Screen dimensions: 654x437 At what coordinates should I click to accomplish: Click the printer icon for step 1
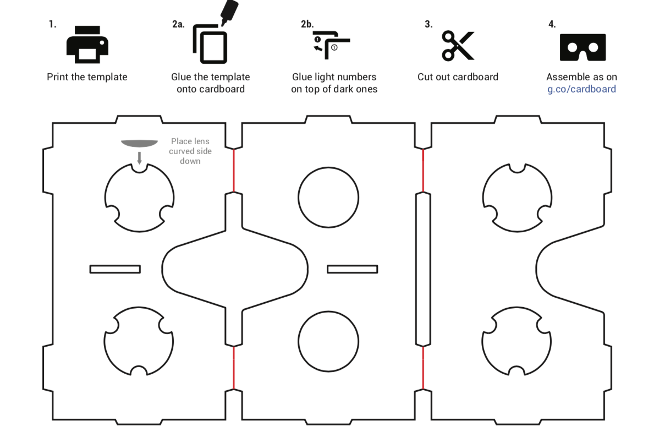coord(87,45)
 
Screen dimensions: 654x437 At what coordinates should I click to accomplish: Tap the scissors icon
coord(458,46)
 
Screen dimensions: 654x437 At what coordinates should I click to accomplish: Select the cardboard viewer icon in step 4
coord(582,47)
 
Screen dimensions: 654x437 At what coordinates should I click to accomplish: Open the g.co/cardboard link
coord(581,89)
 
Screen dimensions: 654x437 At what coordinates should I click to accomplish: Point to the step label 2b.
coord(307,24)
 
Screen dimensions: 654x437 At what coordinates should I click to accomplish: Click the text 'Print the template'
coord(87,77)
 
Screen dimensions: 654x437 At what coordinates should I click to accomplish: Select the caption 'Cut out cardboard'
coord(458,77)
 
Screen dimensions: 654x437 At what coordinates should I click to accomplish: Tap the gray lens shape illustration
coord(139,144)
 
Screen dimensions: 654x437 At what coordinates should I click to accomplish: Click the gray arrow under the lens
coord(139,158)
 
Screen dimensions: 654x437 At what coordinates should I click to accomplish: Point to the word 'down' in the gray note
coord(190,161)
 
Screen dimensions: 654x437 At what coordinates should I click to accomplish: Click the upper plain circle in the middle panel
coord(328,167)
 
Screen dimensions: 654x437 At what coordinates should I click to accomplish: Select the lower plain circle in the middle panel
coord(328,311)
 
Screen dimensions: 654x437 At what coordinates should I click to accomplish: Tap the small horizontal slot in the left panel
coord(115,265)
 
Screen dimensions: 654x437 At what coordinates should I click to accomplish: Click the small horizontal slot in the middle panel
coord(353,265)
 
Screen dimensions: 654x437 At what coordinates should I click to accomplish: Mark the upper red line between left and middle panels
coord(234,170)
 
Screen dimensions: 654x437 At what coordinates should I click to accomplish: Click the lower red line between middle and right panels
coord(424,367)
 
